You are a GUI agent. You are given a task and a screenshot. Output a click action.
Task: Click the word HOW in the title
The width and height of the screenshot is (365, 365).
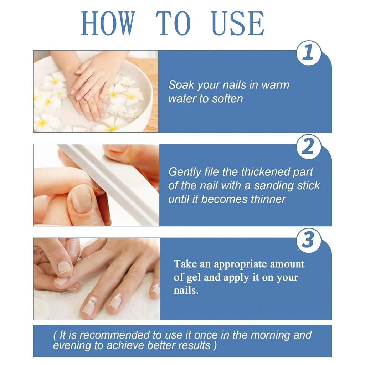click(108, 23)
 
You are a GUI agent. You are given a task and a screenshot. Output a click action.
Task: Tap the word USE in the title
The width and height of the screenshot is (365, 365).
click(238, 23)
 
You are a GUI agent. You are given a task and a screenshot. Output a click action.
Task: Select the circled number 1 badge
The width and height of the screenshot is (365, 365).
click(309, 53)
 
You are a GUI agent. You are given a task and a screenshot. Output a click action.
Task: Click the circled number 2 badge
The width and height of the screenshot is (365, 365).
click(309, 146)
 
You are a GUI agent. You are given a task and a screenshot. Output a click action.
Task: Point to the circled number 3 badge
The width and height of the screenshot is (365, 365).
click(309, 241)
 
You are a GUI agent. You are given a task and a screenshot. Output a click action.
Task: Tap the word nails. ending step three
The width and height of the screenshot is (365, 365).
click(186, 290)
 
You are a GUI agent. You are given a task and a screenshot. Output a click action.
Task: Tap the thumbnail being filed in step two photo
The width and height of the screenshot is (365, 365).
click(82, 198)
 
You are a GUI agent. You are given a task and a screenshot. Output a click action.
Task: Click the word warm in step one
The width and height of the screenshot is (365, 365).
click(276, 85)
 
